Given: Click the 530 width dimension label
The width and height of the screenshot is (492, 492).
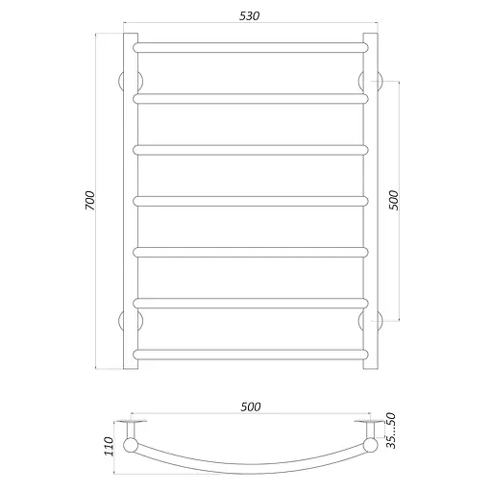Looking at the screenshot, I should (247, 15).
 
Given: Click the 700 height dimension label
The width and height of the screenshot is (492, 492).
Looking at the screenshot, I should (88, 202).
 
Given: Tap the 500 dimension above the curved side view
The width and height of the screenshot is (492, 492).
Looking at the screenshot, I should (249, 406).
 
